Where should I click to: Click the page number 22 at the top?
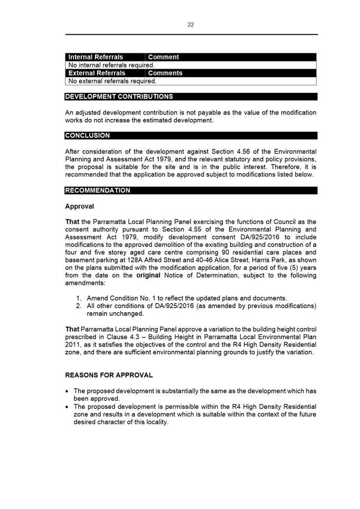coord(191,25)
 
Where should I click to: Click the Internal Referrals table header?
coord(96,57)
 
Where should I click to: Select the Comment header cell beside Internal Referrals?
coord(164,57)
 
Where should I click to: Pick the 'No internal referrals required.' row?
coord(111,65)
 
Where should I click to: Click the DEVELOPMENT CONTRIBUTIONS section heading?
coord(119,97)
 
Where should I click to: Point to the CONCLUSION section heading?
coord(88,136)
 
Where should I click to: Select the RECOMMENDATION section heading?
coord(98,190)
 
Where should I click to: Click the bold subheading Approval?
coord(79,206)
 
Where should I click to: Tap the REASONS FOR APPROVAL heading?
coord(109,375)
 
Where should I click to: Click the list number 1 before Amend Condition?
coord(79,299)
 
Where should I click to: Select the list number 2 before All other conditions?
coord(79,306)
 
